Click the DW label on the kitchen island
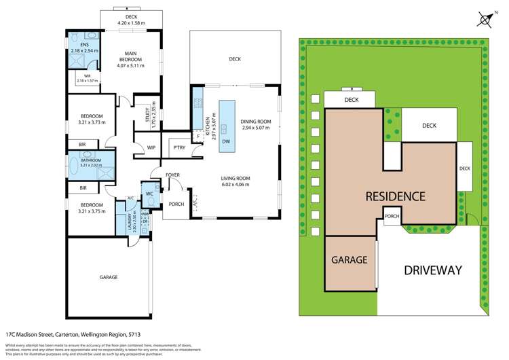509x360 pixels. [x=225, y=141]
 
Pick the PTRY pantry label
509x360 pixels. [x=180, y=147]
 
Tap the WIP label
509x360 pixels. [x=152, y=147]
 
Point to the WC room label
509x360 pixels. [x=150, y=194]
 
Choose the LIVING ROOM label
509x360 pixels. [x=235, y=179]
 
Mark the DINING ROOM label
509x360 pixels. [x=256, y=122]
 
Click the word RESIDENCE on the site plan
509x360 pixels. [x=395, y=197]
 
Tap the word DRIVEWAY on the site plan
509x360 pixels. [x=432, y=270]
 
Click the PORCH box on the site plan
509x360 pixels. [x=392, y=217]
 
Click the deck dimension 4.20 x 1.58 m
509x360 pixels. [x=132, y=23]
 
